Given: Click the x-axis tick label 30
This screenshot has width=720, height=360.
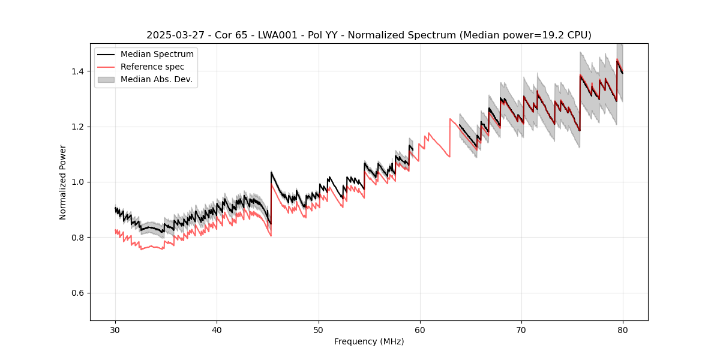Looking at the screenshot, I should point(115,330).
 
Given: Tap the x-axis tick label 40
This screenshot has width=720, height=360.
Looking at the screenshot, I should point(217,330).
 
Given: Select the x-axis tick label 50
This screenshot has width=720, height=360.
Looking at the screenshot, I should point(318,330).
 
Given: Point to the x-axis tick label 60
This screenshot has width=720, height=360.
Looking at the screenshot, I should point(419,330).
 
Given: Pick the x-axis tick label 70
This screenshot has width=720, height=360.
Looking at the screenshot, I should point(521,330).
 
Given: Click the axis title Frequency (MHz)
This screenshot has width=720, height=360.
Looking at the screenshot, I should point(369,341).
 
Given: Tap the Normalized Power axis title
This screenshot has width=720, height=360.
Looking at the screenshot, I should point(63,182).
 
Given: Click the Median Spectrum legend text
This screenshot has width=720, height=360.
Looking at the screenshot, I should point(157,55).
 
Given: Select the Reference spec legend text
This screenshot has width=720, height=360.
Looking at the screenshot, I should point(152,67).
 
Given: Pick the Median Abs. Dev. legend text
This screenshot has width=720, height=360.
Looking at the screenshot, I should point(157,79).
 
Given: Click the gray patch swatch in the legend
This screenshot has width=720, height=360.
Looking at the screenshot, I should point(106,79).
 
